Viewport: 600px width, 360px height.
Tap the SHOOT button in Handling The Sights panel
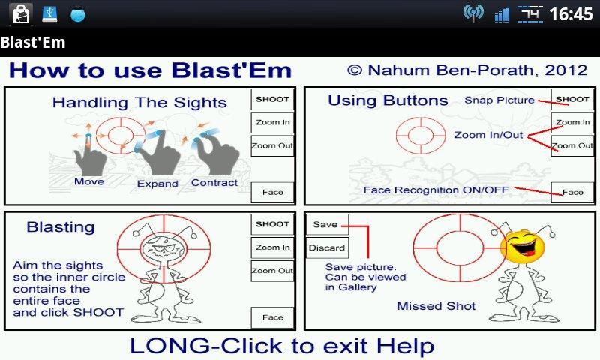[x=272, y=99]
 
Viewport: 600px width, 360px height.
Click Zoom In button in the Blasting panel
[x=272, y=247]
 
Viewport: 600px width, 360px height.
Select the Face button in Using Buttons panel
[x=572, y=192]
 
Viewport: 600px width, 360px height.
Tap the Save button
[x=325, y=224]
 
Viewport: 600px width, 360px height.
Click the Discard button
[x=327, y=247]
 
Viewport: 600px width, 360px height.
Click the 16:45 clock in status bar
[x=571, y=13]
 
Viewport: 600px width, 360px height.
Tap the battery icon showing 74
[x=532, y=13]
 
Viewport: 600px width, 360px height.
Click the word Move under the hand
[x=89, y=182]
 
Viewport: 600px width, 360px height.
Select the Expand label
[x=157, y=184]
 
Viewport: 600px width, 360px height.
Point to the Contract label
[x=214, y=182]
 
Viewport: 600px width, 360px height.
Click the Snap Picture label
[x=499, y=100]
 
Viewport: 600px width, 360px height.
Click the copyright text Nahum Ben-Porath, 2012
[x=467, y=70]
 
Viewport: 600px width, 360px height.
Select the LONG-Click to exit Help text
[x=281, y=346]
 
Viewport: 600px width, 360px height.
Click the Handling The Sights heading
[x=139, y=103]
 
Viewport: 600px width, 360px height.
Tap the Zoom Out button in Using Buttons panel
[x=572, y=145]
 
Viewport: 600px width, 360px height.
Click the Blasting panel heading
[x=60, y=227]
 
